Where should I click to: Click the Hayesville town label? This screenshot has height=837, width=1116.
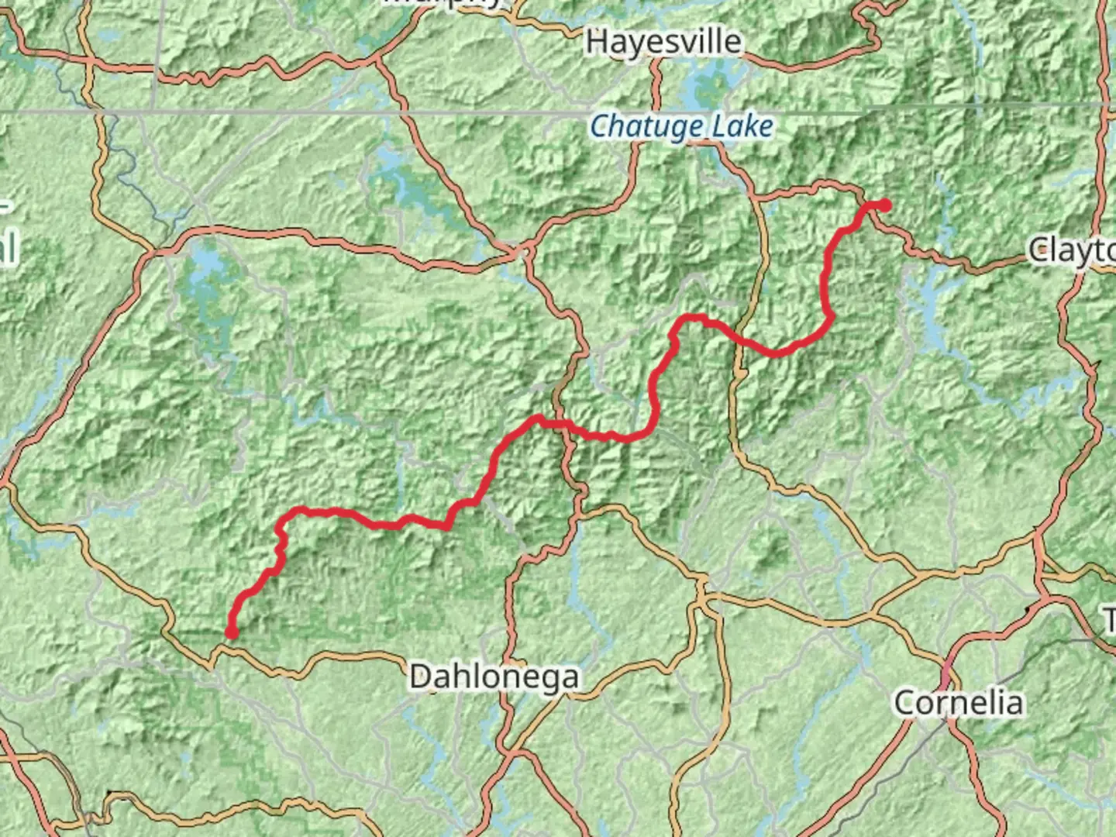pyautogui.click(x=663, y=41)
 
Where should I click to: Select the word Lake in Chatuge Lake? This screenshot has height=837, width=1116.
pyautogui.click(x=743, y=126)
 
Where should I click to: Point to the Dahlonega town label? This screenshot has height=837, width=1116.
pyautogui.click(x=494, y=677)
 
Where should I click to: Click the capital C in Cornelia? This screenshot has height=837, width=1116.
pyautogui.click(x=906, y=703)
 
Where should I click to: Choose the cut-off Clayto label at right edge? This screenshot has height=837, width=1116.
pyautogui.click(x=1072, y=250)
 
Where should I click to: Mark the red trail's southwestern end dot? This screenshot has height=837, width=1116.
pyautogui.click(x=231, y=633)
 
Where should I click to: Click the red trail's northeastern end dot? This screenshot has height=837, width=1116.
pyautogui.click(x=883, y=205)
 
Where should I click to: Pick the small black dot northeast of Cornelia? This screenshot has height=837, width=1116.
pyautogui.click(x=1028, y=610)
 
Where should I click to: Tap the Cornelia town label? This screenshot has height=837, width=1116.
pyautogui.click(x=958, y=703)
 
